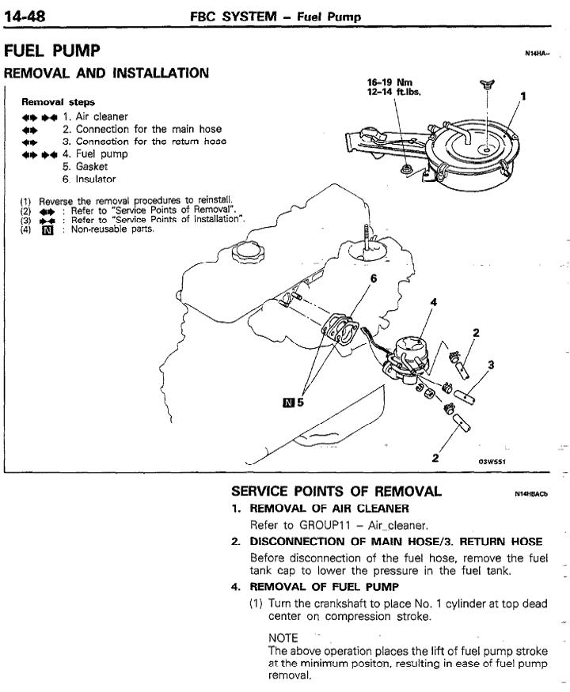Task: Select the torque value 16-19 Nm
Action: point(391,81)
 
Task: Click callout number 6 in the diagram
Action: point(373,278)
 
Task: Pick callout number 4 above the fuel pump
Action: point(432,301)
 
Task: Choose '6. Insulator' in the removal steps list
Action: point(89,180)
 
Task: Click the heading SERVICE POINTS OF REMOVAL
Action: point(336,492)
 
